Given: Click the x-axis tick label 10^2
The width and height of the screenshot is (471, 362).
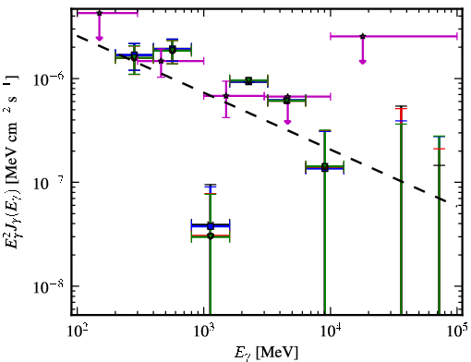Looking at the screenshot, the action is click(x=77, y=331).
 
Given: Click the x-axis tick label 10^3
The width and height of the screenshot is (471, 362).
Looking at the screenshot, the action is click(x=204, y=331).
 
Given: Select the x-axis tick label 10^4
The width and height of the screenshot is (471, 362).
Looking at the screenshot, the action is click(x=331, y=331).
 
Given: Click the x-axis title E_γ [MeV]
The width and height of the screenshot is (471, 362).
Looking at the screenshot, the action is click(x=266, y=352).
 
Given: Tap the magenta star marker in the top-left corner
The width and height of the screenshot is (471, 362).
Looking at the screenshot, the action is click(x=99, y=13).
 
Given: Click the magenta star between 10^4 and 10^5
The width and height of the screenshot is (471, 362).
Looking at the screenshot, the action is click(x=363, y=36).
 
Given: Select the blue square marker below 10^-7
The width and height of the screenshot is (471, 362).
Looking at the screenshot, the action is click(x=211, y=226).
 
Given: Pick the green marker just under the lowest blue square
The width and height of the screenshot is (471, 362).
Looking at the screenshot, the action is click(x=211, y=236).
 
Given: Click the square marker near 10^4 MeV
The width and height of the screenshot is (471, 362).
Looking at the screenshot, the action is click(x=324, y=168).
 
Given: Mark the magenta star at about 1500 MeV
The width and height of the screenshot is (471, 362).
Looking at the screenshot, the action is click(x=226, y=96).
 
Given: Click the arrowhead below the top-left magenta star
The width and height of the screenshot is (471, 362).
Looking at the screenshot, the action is click(x=99, y=38).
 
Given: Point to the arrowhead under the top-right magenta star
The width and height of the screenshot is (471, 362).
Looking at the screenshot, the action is click(x=363, y=62).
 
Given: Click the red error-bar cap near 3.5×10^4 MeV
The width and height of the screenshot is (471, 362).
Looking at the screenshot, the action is click(x=401, y=109).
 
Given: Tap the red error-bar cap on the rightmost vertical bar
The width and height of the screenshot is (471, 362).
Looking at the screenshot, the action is click(x=439, y=149).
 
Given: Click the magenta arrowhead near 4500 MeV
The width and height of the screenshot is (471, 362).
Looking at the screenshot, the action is click(x=287, y=122).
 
